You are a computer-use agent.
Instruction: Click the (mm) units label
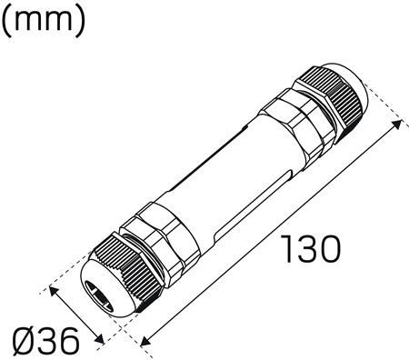pyautogui.click(x=43, y=21)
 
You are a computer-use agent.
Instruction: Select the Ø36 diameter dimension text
pyautogui.click(x=46, y=342)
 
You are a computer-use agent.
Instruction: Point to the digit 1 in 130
pyautogui.click(x=287, y=249)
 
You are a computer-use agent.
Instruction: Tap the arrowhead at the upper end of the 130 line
pyautogui.click(x=396, y=125)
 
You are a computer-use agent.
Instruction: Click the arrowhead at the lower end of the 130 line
pyautogui.click(x=145, y=341)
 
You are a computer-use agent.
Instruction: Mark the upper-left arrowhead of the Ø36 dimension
pyautogui.click(x=54, y=292)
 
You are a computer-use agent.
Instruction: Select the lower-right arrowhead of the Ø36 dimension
pyautogui.click(x=99, y=339)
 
